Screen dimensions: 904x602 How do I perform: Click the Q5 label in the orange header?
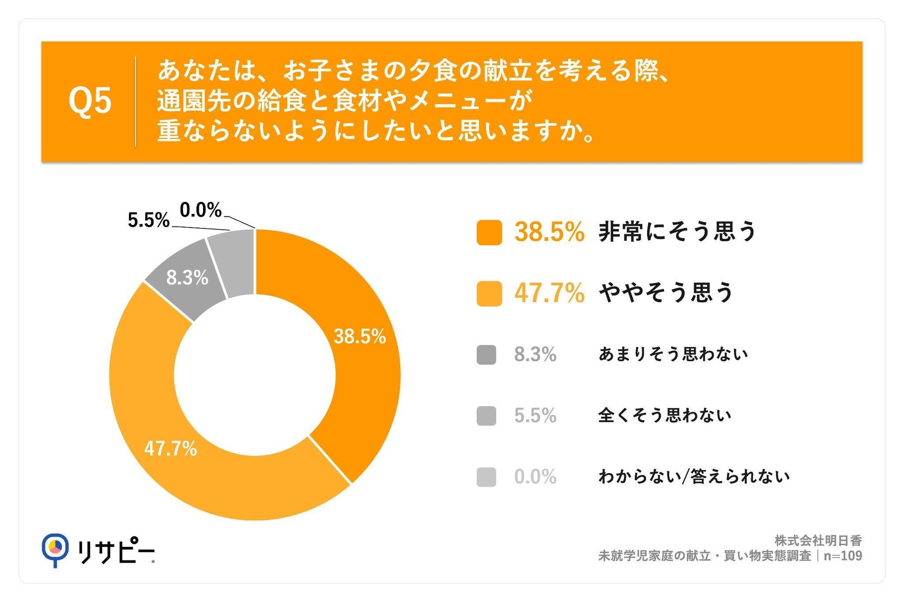(90, 101)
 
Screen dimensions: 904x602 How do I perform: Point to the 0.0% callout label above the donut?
(201, 210)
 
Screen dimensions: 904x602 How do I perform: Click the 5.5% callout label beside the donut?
(149, 220)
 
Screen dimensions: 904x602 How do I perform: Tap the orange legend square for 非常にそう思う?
(489, 232)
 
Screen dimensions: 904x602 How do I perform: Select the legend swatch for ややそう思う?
(489, 294)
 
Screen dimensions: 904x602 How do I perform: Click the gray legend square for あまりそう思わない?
(486, 355)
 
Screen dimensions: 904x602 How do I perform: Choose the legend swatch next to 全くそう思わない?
(486, 416)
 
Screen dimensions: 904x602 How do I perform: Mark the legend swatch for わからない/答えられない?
(486, 477)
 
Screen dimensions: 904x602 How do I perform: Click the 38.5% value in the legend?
(549, 232)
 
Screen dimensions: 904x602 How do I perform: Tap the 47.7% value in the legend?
(549, 294)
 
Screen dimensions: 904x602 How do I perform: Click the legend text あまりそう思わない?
(673, 354)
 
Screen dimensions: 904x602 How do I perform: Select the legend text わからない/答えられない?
(694, 477)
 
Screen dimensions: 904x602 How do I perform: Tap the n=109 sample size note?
(843, 556)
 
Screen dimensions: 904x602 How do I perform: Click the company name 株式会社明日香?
(818, 540)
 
